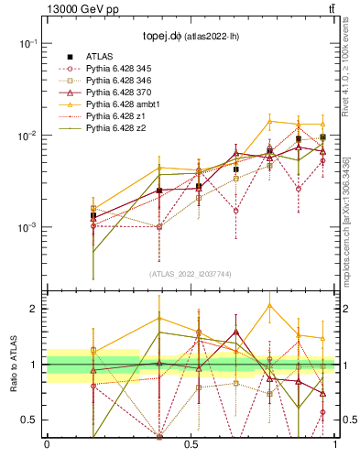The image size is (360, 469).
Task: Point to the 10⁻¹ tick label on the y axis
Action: coord(27,43)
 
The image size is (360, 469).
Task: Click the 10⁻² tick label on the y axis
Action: coord(27,136)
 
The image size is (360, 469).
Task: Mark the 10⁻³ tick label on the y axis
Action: coord(27,227)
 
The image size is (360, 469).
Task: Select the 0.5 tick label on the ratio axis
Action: coord(27,420)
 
